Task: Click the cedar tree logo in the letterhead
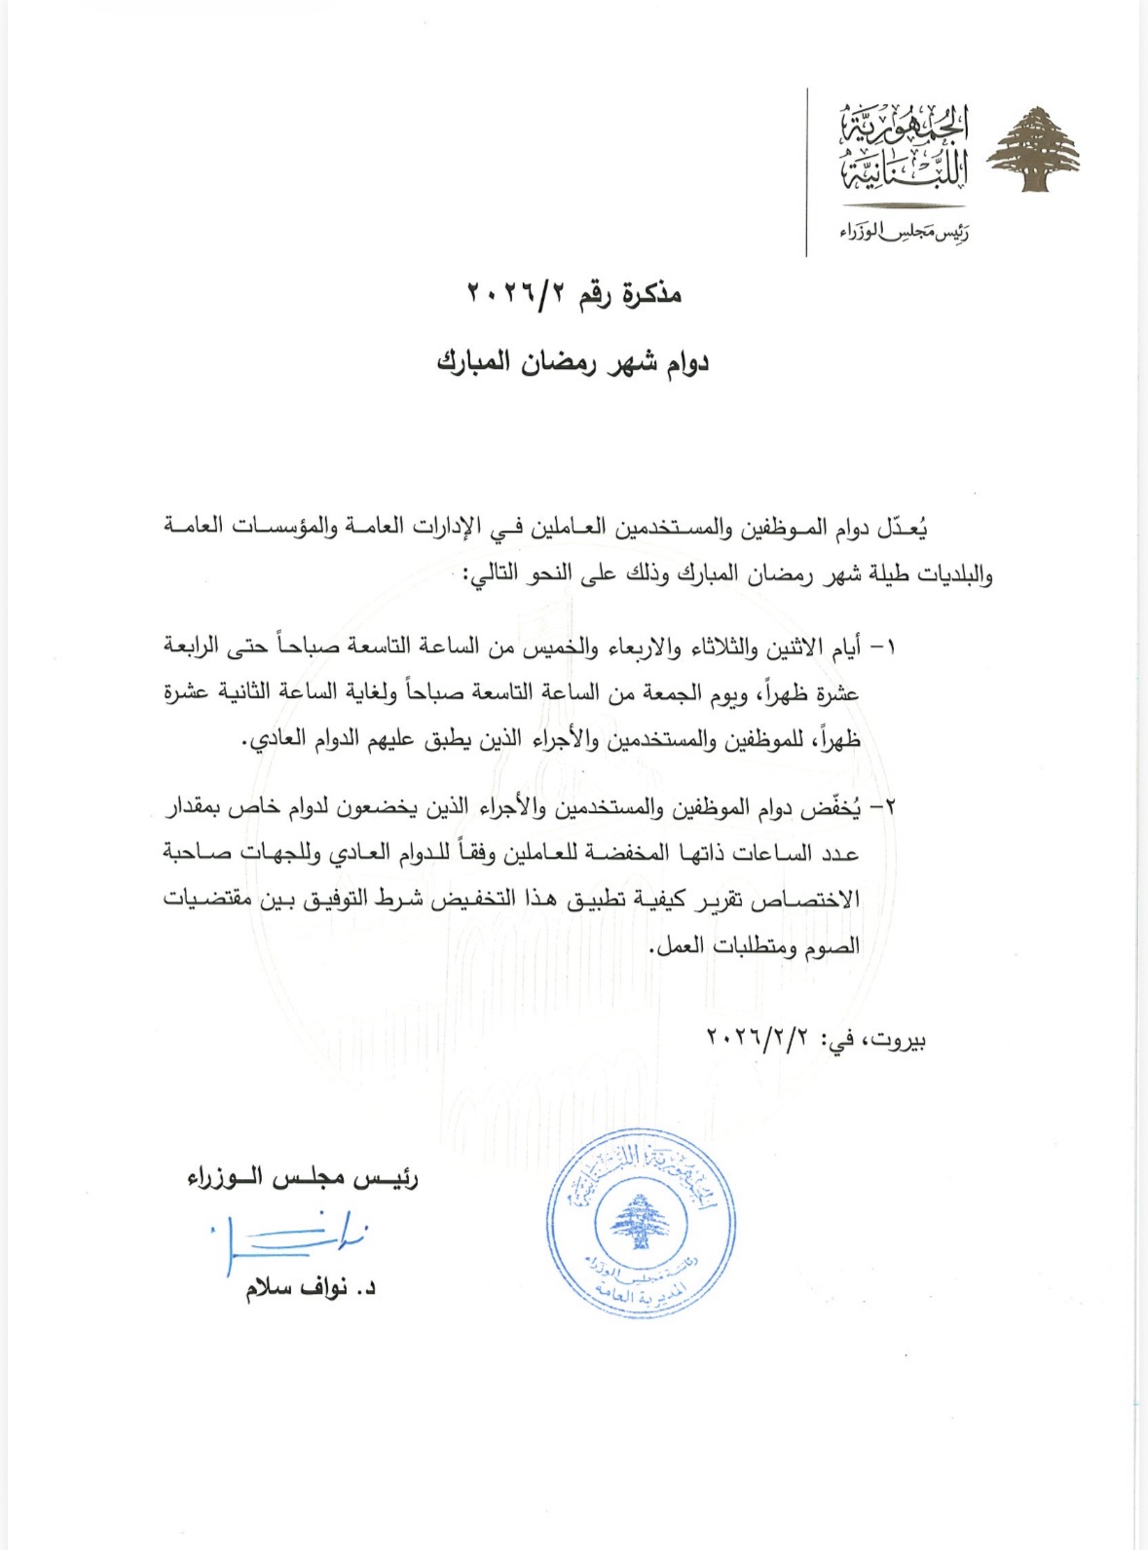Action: (x=1034, y=152)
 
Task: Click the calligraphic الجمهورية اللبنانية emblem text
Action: (x=905, y=149)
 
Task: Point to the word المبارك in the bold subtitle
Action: (x=473, y=362)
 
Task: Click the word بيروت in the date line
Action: (x=897, y=1038)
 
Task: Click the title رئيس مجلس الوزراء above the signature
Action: (x=303, y=1178)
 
